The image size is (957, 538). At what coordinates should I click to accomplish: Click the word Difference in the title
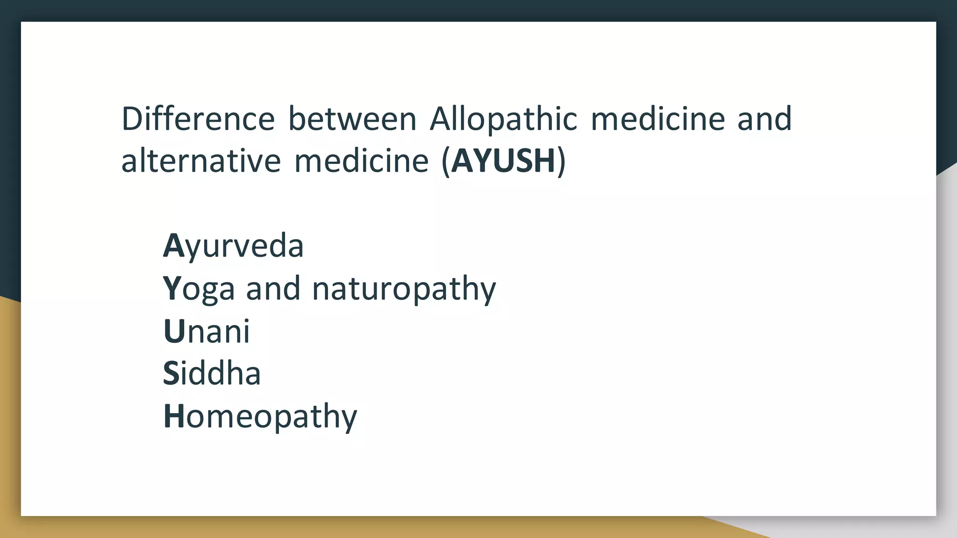[198, 119]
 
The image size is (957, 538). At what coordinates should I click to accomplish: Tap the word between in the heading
[352, 119]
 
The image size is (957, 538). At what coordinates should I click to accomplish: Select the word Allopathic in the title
[503, 119]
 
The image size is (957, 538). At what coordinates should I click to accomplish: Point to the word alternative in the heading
[201, 161]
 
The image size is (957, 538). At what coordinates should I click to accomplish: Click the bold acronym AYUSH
[503, 161]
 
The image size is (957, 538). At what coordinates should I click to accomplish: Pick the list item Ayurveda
[233, 246]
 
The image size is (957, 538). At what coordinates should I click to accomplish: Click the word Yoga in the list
[199, 289]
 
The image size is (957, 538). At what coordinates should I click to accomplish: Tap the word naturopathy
[404, 289]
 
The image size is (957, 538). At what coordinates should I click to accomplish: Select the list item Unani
[207, 331]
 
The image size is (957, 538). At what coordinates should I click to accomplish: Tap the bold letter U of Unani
[174, 331]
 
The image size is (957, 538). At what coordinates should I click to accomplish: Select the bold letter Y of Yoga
[171, 289]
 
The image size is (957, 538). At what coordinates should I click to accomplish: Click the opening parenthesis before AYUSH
[445, 162]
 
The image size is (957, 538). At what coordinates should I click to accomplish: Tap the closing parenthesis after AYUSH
[561, 162]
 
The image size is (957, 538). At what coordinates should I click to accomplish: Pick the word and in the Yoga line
[273, 289]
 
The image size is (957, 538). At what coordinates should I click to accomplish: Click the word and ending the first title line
[764, 119]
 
